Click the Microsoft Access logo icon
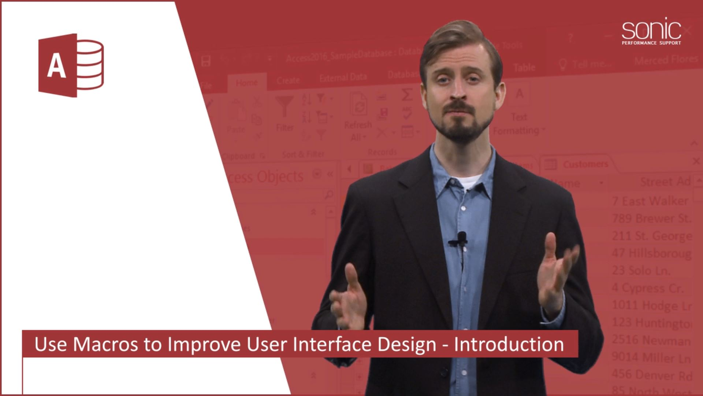71,65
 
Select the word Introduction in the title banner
509,344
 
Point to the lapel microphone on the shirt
462,238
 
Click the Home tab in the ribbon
246,83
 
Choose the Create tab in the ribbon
288,80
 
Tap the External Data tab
343,77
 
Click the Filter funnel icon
284,106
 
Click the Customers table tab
585,164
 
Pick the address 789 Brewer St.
652,219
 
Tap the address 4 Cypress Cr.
647,288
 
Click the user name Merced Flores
666,60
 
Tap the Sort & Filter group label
303,154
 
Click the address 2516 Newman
651,340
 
